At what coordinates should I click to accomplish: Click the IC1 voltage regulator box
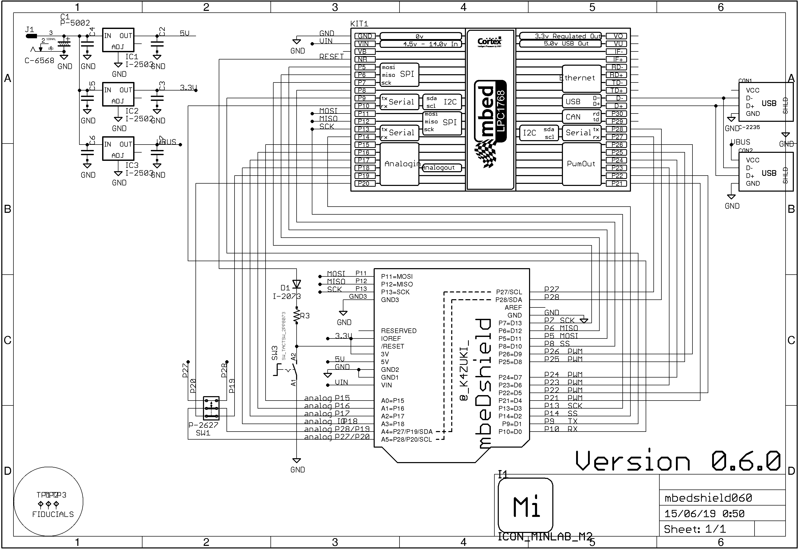tap(118, 40)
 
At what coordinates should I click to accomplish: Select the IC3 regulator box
tap(118, 148)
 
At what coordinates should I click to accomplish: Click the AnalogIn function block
tap(400, 164)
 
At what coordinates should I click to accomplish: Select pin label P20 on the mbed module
tap(364, 184)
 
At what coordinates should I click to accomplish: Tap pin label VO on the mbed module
tap(616, 36)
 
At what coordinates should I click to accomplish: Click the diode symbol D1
tap(296, 284)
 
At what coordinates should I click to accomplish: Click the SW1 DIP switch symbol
tap(211, 408)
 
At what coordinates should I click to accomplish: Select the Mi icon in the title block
tap(525, 505)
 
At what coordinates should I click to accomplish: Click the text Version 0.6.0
tap(678, 461)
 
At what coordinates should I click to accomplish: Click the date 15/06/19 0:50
tap(704, 514)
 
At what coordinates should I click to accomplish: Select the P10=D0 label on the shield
tap(510, 432)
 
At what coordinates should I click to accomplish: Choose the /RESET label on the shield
tap(393, 346)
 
